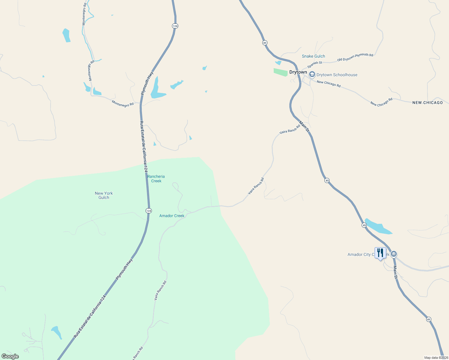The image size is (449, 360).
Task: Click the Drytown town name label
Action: click(x=298, y=72)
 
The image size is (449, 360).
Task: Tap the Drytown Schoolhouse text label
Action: click(x=337, y=75)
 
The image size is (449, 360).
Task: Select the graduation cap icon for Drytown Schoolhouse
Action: click(x=312, y=74)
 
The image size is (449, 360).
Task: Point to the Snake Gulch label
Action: click(x=313, y=56)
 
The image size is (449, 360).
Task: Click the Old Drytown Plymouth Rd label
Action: click(x=355, y=57)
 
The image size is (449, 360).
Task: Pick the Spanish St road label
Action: click(x=315, y=64)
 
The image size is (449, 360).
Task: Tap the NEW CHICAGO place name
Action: click(x=427, y=103)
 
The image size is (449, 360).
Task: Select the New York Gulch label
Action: click(x=104, y=195)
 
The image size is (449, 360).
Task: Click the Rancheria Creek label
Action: click(x=156, y=179)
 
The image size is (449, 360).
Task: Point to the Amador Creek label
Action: click(x=172, y=216)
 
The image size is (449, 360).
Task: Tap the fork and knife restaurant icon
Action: click(x=380, y=253)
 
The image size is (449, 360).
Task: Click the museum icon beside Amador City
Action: click(x=394, y=254)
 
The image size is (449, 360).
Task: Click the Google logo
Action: click(x=10, y=356)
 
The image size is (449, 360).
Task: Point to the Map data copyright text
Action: click(x=436, y=358)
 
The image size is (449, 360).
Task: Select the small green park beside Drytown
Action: click(x=280, y=72)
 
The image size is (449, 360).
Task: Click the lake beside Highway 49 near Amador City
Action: click(x=377, y=227)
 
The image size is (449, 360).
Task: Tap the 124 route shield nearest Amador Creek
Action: click(x=149, y=211)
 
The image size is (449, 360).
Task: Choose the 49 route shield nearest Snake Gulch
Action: click(x=264, y=43)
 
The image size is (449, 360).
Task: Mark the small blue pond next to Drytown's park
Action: click(x=278, y=63)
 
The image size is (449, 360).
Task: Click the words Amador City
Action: click(x=359, y=255)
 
